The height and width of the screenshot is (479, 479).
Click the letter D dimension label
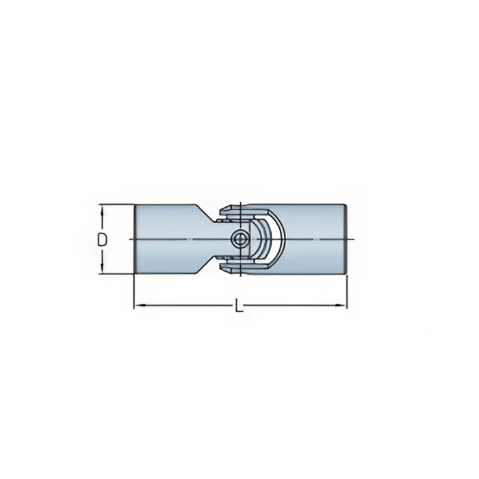103,239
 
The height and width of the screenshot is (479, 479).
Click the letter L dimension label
239,305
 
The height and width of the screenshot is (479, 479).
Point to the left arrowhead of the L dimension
140,305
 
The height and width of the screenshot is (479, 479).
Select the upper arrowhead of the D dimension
103,209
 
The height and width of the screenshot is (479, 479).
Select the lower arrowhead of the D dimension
103,269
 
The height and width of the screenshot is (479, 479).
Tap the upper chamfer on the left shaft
205,212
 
